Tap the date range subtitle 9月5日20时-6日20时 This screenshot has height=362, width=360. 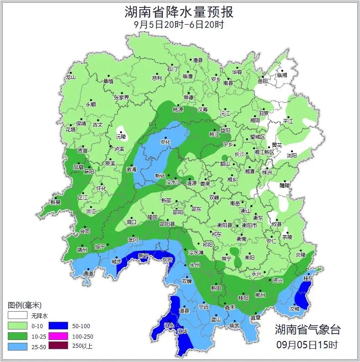tap(179, 25)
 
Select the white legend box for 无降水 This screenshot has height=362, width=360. tap(17, 315)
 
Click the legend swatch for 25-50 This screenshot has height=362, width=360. tap(17, 346)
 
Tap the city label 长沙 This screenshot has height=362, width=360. tap(240, 154)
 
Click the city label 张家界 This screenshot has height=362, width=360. tap(122, 97)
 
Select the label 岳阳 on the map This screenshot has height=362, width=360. tap(263, 81)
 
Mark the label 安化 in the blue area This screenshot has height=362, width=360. tap(165, 142)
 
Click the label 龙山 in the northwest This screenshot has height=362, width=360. tap(70, 77)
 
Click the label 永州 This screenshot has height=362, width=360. tap(195, 265)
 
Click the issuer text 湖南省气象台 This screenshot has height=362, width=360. tap(307, 329)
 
